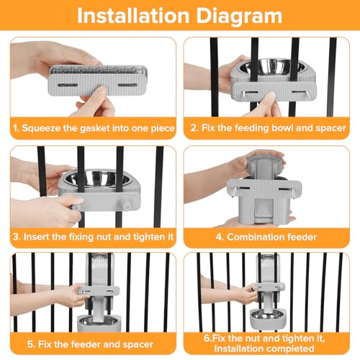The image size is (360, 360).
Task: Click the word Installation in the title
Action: point(133,16)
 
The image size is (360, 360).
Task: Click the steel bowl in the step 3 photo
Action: point(98,179)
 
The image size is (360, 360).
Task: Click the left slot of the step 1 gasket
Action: point(68,85)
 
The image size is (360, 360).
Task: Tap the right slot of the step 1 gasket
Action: point(127,85)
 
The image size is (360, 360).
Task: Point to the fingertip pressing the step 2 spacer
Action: point(271,96)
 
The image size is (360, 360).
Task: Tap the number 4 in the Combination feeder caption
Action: point(219,237)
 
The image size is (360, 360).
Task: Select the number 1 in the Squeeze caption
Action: point(15,128)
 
